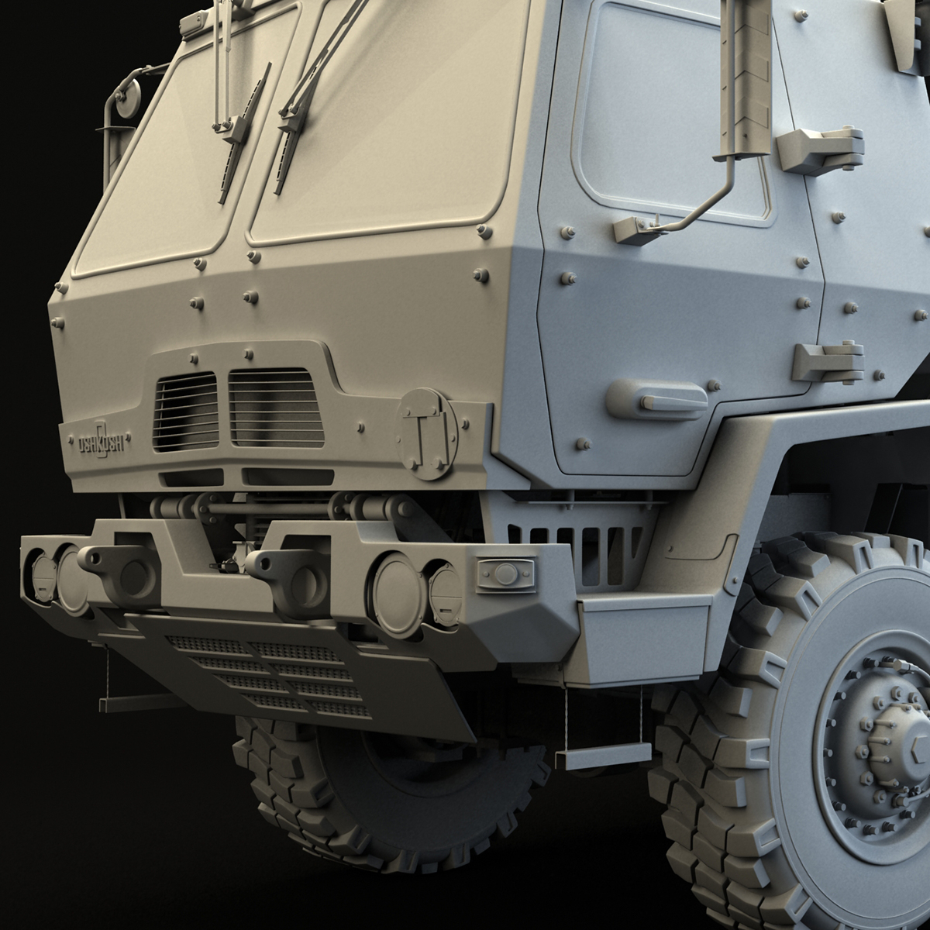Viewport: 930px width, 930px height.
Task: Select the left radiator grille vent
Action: (186, 411)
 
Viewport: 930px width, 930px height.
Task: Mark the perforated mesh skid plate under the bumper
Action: (279, 666)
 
